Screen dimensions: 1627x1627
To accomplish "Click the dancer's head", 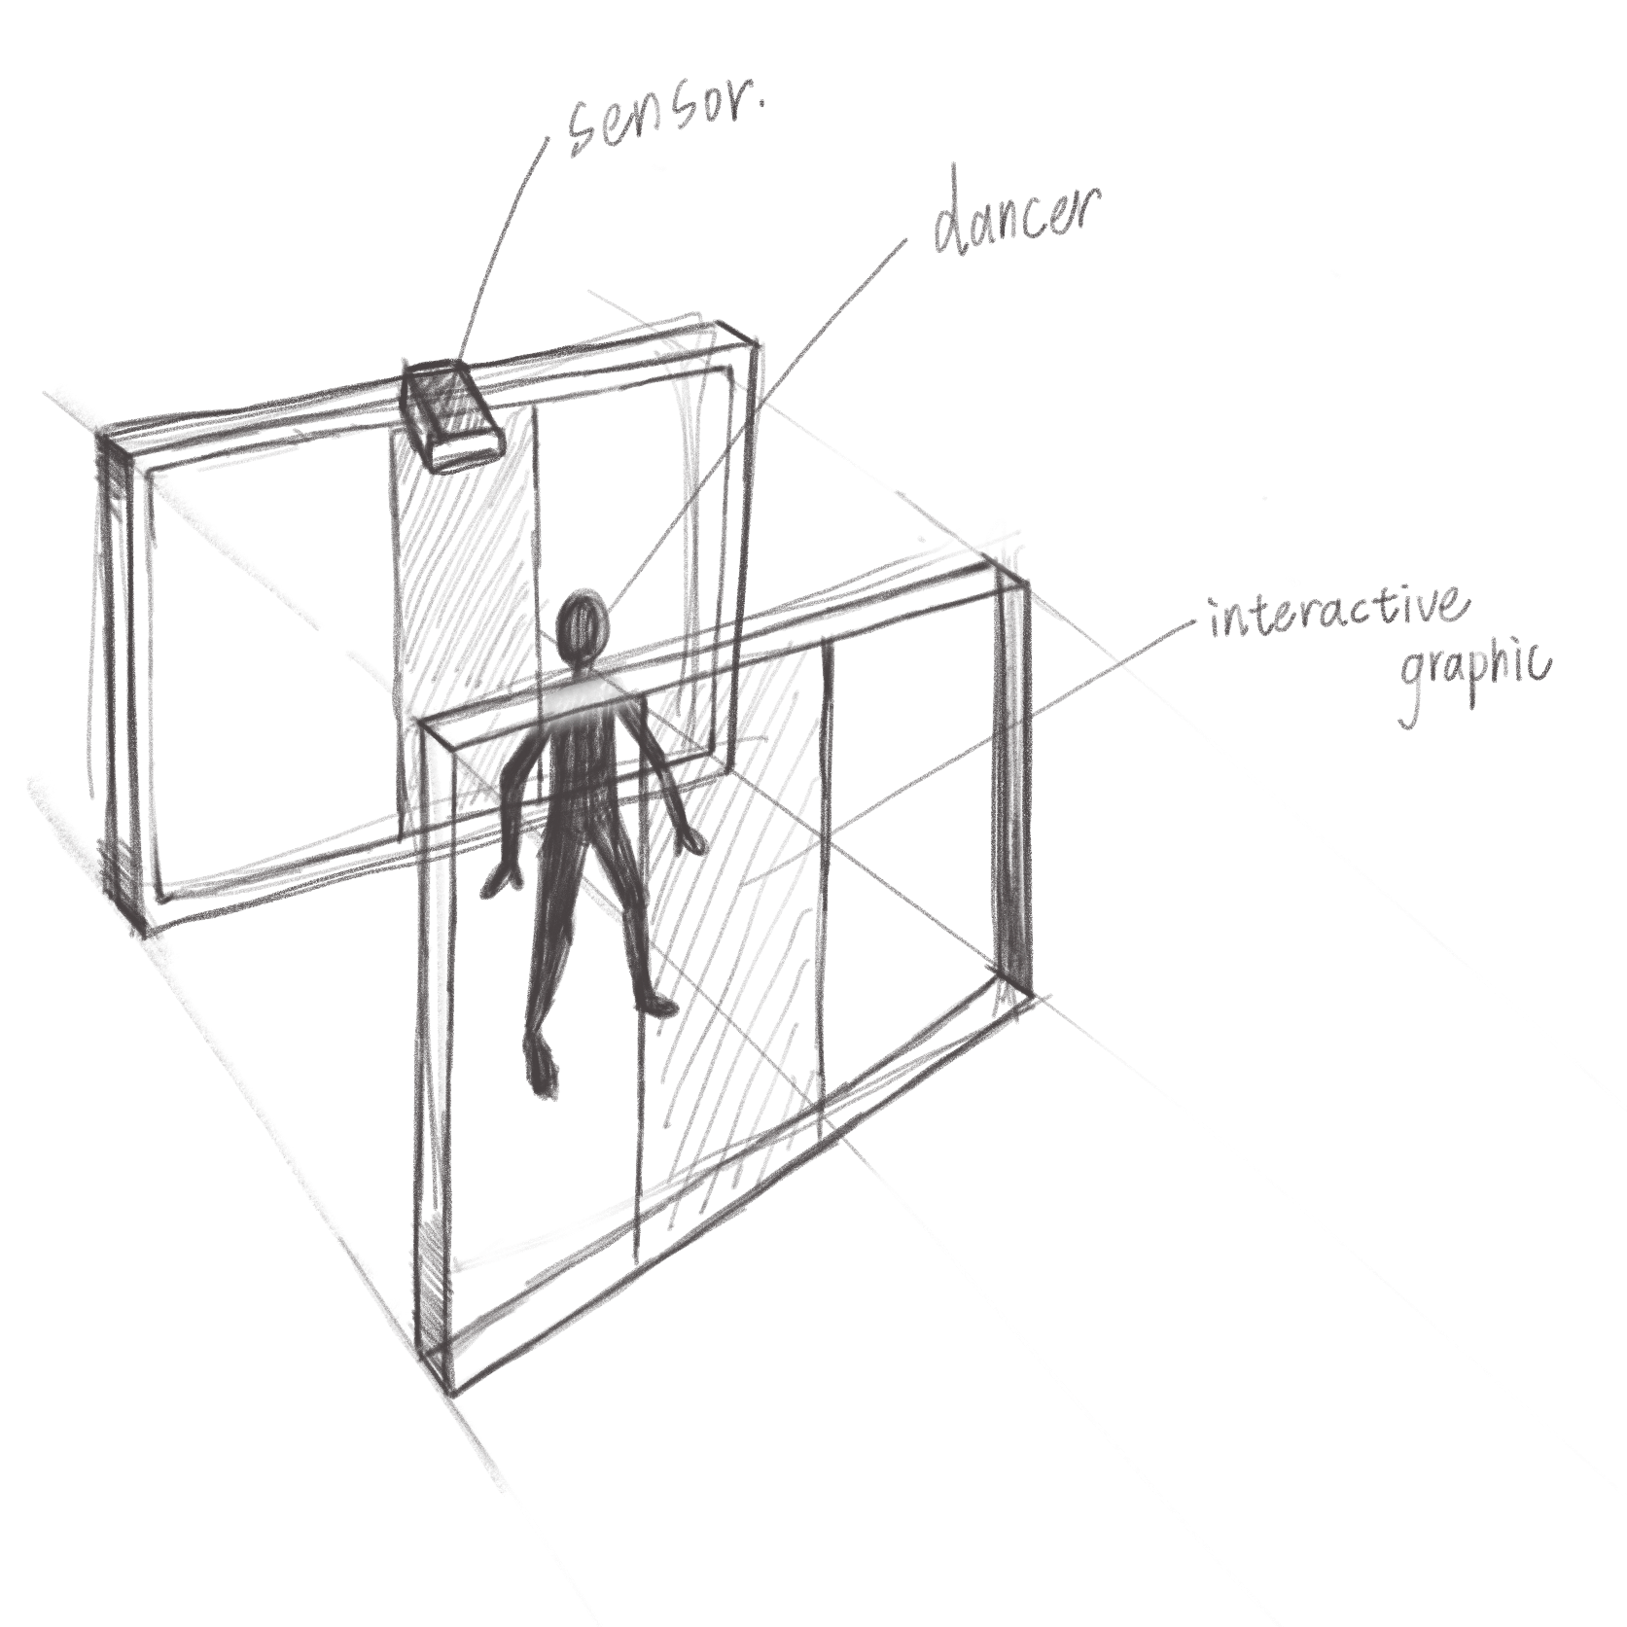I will tap(584, 618).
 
